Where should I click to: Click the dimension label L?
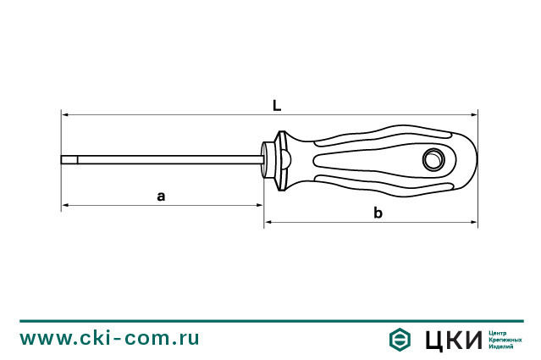coord(277,105)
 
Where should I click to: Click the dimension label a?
coord(161,196)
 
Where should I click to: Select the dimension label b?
coord(378,213)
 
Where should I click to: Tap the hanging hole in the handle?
coord(433,158)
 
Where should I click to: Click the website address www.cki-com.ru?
coord(110,337)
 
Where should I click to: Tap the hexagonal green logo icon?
coord(400,339)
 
